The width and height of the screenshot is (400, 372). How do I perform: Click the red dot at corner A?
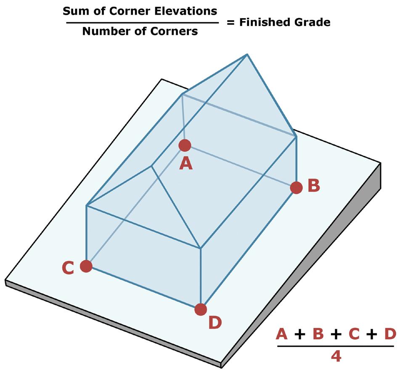[185, 145]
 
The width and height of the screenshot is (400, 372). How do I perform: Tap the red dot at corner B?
[296, 187]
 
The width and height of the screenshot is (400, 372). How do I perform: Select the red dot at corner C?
[86, 266]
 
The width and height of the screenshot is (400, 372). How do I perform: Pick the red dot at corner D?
[201, 309]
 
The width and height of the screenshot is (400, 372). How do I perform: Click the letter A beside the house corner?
[185, 164]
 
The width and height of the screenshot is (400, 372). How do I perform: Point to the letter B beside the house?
[314, 186]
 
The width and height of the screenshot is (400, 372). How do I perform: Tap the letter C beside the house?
[68, 268]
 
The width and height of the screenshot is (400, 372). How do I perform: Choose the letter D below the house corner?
[215, 323]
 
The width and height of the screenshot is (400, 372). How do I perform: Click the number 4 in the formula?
[336, 356]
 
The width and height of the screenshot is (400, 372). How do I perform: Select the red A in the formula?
[282, 335]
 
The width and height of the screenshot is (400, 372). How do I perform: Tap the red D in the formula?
[390, 335]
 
